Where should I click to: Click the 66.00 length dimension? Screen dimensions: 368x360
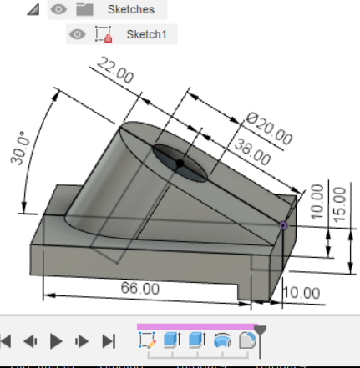(140, 288)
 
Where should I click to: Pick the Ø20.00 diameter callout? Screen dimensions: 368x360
(269, 129)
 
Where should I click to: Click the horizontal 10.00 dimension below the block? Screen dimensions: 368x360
(300, 293)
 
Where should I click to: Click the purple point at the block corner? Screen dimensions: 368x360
(284, 224)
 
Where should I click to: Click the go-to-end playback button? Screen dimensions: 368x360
(108, 340)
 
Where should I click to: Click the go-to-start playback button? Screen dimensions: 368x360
(7, 340)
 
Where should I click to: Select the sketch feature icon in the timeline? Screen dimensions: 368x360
(147, 340)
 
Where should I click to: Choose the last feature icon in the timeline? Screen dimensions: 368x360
(247, 340)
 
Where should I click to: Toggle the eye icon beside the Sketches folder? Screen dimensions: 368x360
(58, 10)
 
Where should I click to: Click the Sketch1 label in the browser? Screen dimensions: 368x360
(146, 34)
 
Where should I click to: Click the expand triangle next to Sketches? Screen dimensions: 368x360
(33, 10)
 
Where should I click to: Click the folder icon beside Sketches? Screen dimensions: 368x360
(84, 10)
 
